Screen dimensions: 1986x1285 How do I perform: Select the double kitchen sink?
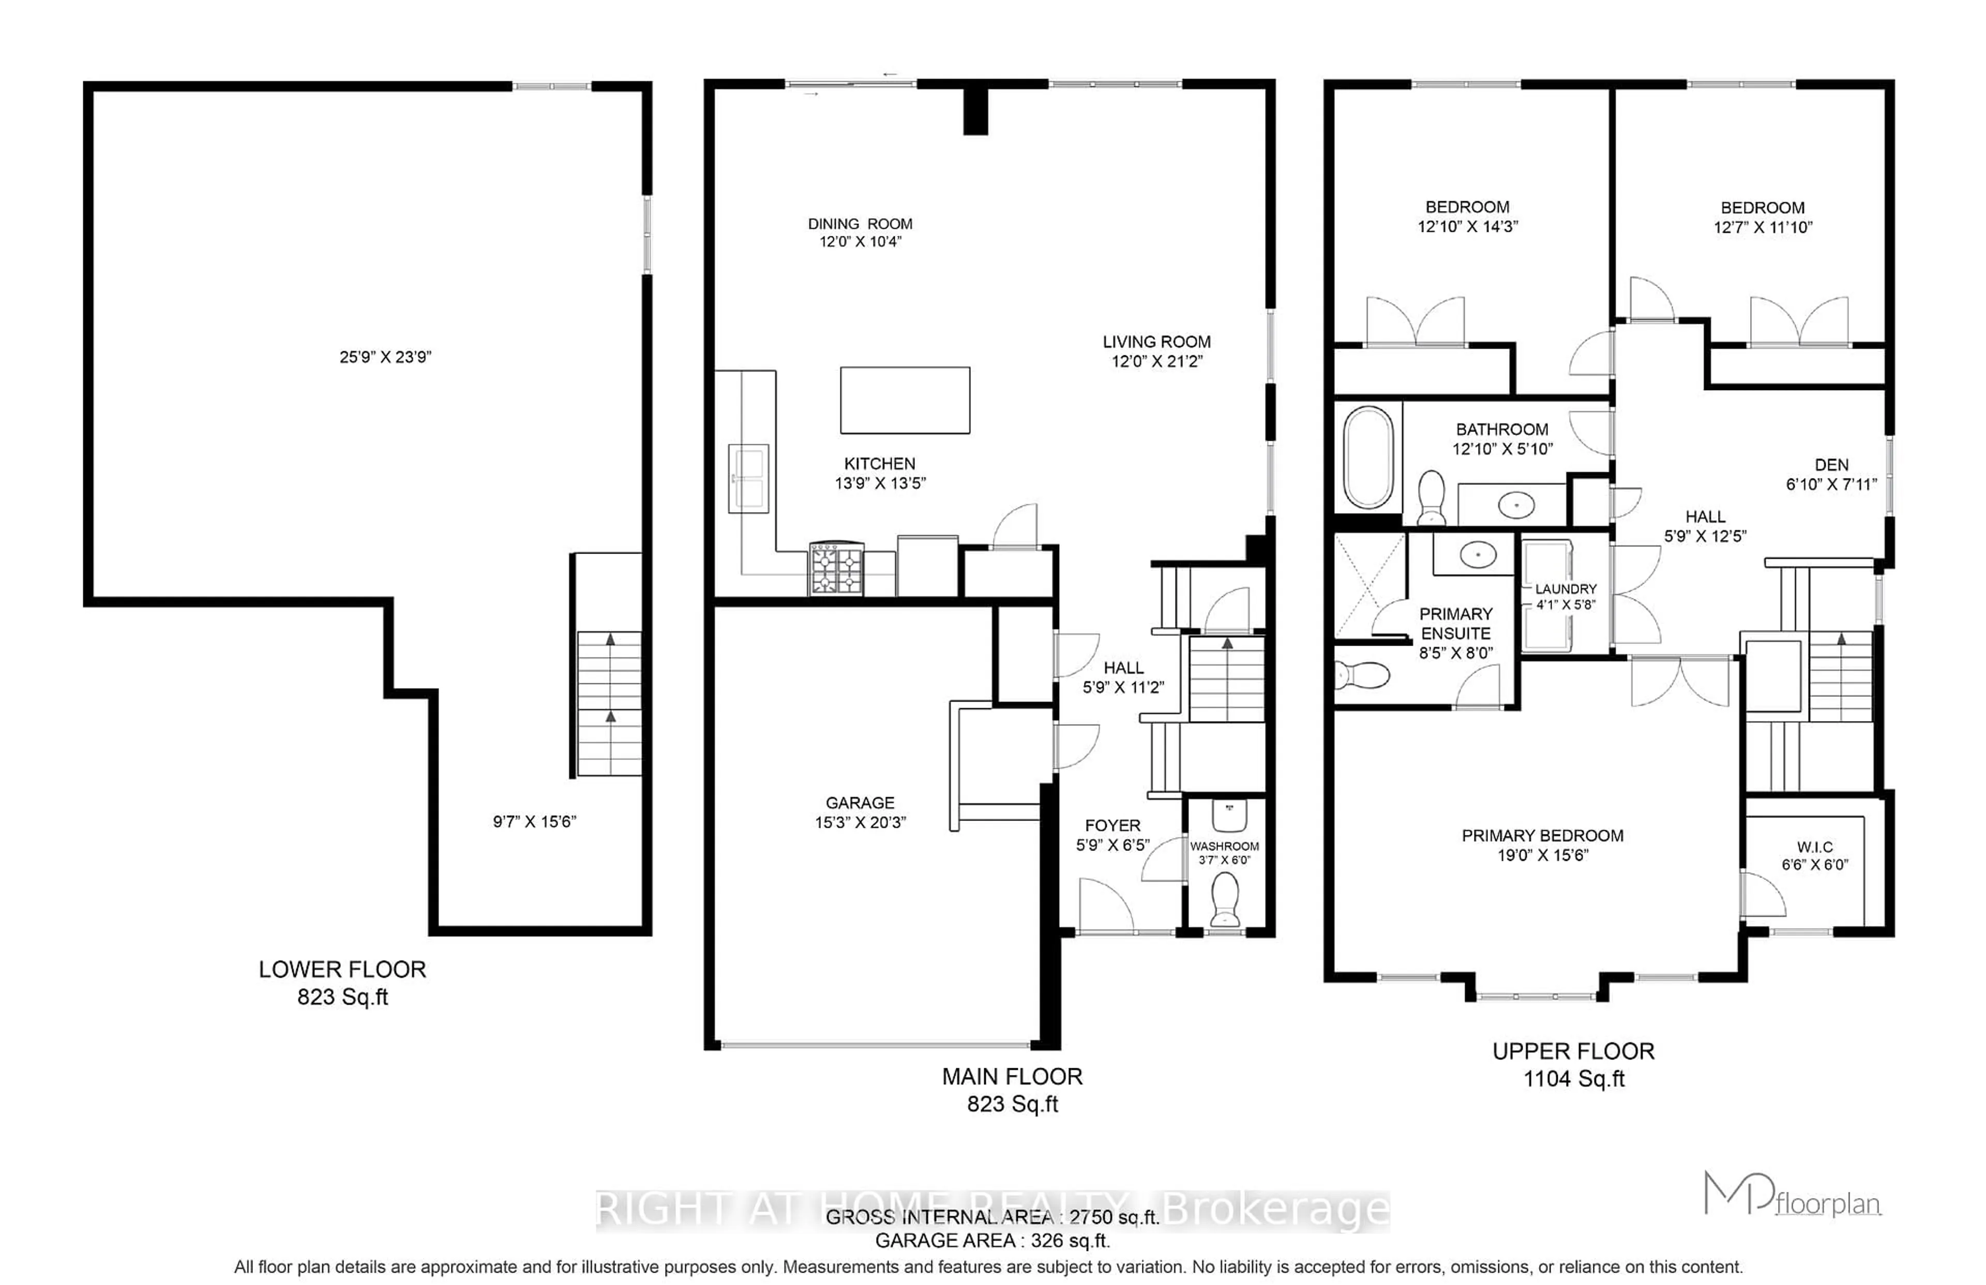(748, 478)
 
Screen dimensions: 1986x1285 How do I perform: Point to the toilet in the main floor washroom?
(1225, 900)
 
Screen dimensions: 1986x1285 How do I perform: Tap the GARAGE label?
(860, 803)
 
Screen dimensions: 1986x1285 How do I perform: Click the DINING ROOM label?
(860, 223)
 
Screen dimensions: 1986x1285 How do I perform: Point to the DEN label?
(1832, 465)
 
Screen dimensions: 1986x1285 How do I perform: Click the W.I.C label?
(1815, 847)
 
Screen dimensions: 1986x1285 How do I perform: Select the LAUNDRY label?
(1566, 589)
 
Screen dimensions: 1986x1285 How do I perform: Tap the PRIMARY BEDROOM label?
(1542, 835)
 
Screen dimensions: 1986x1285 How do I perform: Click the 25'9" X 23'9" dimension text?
(385, 357)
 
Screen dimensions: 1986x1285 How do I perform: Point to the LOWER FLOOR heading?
(342, 969)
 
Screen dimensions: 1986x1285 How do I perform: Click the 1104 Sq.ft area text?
(1574, 1079)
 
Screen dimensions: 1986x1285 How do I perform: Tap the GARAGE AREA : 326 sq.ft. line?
(992, 1241)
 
